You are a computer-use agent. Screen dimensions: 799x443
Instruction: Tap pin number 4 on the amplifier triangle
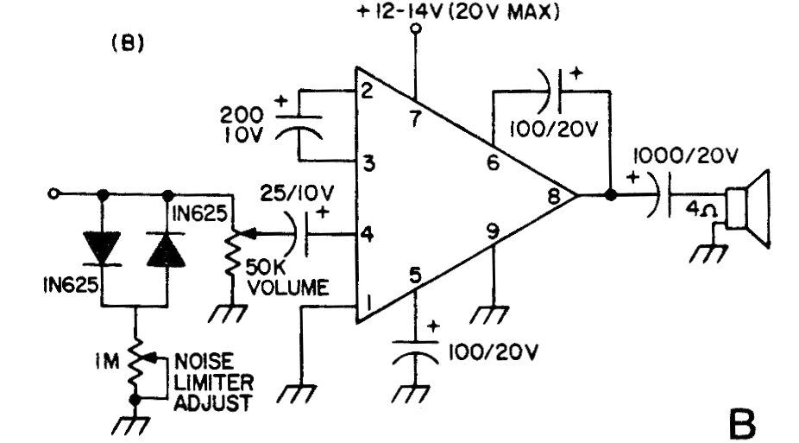367,235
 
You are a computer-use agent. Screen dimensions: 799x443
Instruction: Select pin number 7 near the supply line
416,119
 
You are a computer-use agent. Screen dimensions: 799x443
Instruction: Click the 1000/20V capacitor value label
686,155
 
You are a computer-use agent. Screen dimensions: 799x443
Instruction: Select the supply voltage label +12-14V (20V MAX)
458,11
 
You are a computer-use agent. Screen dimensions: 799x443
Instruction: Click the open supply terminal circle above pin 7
416,28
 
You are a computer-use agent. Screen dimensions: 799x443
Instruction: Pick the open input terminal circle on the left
53,193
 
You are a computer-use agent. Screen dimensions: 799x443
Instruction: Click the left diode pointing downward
103,248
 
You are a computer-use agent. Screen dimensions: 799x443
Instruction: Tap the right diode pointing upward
167,249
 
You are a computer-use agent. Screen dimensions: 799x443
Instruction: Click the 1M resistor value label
106,362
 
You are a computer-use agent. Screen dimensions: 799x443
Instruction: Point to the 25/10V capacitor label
297,193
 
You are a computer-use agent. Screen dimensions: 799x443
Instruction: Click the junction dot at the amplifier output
610,195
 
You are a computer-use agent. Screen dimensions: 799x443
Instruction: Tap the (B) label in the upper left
128,43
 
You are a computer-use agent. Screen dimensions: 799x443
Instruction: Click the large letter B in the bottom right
742,424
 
